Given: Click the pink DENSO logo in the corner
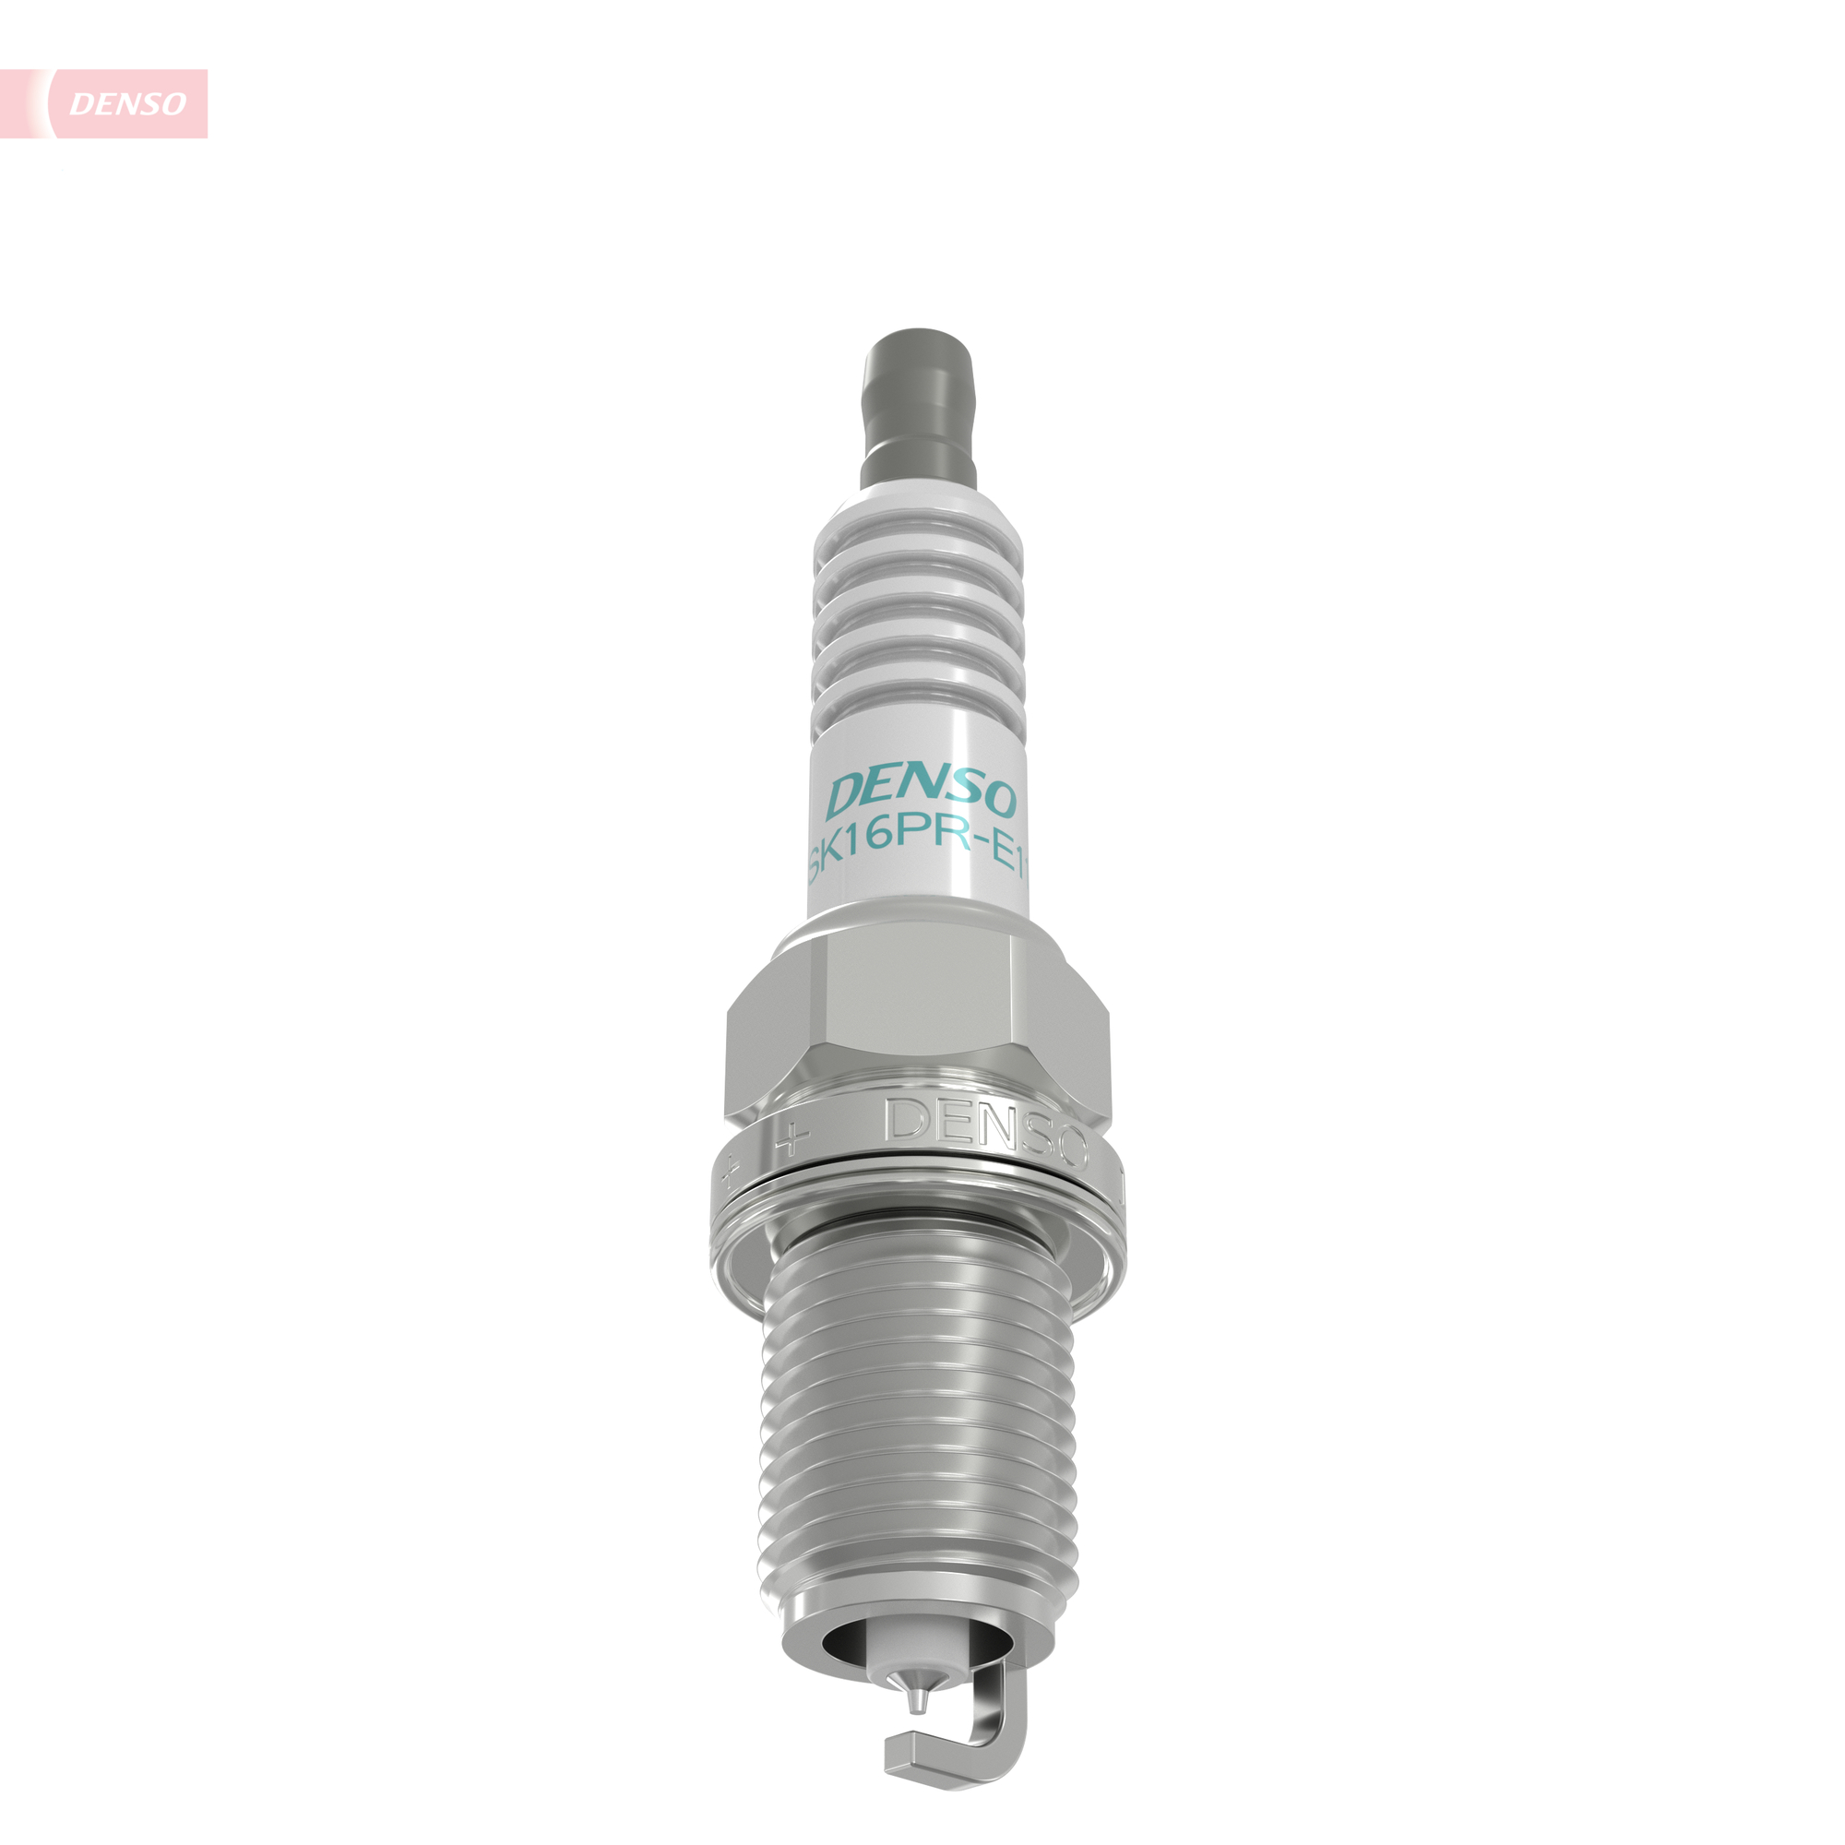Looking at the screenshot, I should pyautogui.click(x=127, y=103).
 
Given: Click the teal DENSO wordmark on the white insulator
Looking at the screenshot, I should pyautogui.click(x=922, y=795).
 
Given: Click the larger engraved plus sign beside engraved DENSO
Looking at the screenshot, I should pyautogui.click(x=792, y=1137).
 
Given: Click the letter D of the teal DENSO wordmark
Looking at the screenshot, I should pyautogui.click(x=847, y=795).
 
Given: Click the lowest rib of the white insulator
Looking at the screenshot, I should pyautogui.click(x=919, y=708).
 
